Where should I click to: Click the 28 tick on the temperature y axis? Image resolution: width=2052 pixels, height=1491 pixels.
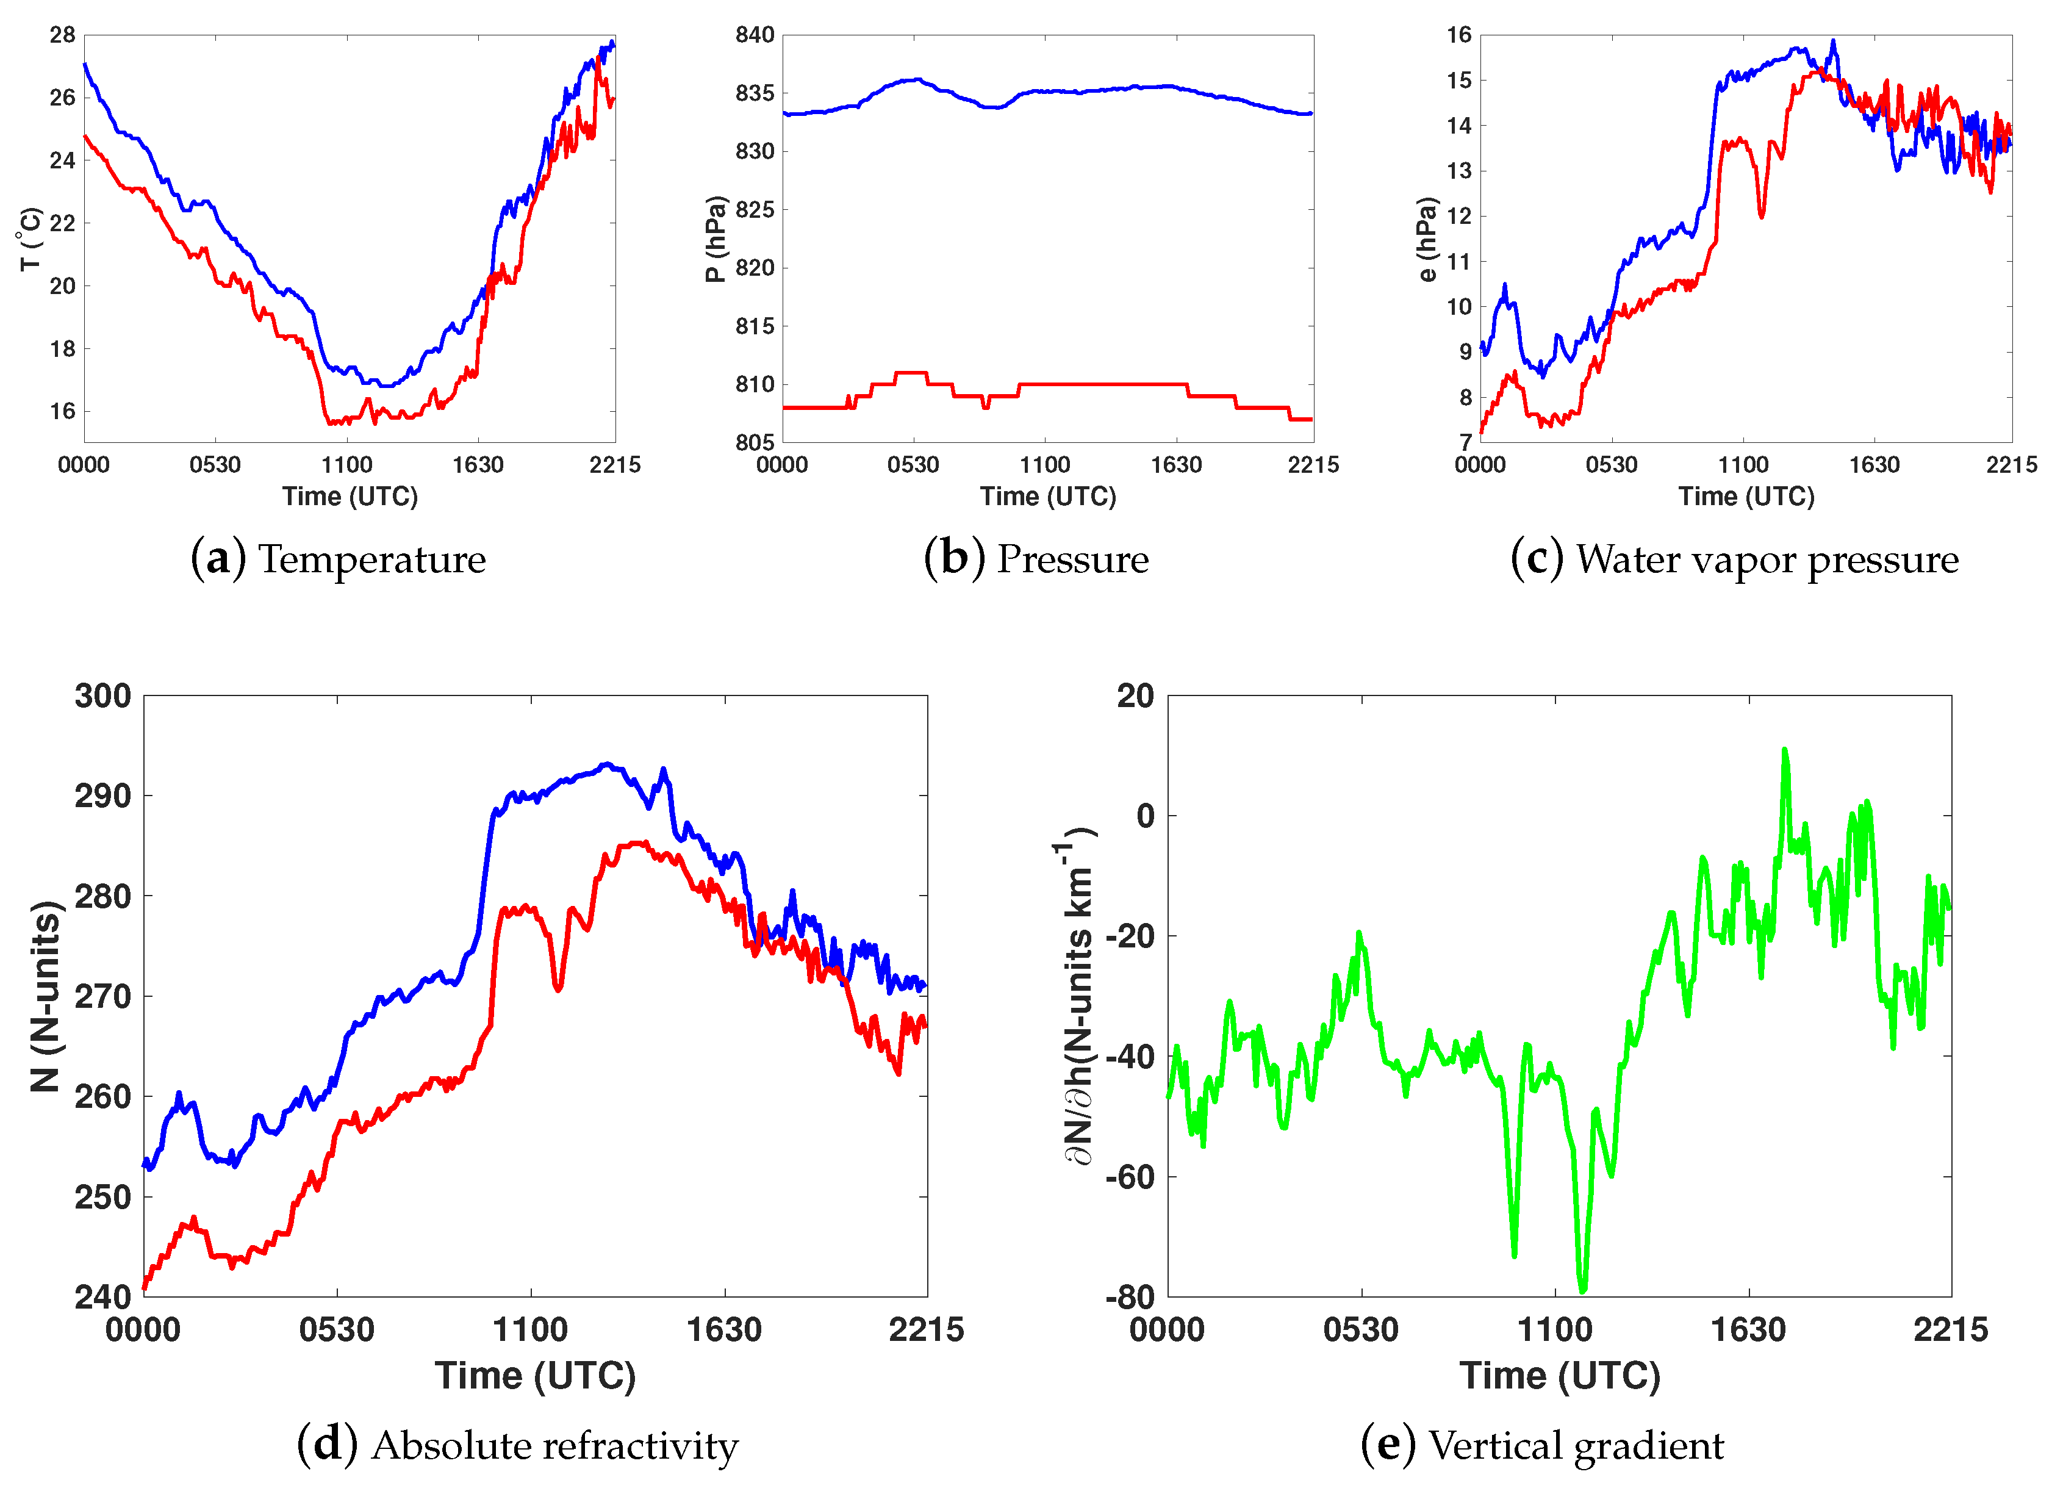[x=62, y=35]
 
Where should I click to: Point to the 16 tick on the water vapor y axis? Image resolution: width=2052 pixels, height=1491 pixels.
[x=1459, y=35]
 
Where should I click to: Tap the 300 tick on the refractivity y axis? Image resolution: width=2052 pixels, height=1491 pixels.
[x=102, y=697]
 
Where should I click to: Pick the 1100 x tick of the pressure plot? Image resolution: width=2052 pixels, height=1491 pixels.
[x=1045, y=465]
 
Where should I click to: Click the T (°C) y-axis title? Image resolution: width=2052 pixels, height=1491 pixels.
[x=30, y=239]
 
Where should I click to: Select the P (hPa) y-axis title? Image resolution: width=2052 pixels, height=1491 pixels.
[x=716, y=239]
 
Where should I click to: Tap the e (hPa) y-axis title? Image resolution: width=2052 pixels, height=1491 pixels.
[x=1427, y=239]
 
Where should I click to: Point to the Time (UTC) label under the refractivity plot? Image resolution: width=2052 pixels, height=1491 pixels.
[x=536, y=1376]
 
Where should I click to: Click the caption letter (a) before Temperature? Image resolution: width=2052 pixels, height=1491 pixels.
[x=218, y=559]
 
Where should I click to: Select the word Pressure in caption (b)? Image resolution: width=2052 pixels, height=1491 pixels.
[x=1073, y=559]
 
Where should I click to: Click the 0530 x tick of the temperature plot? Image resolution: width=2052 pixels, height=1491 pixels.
[x=215, y=465]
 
